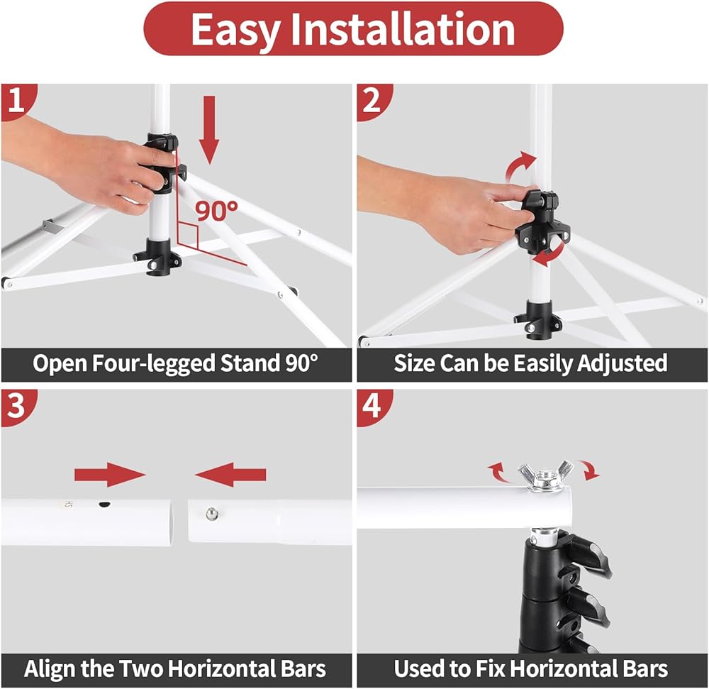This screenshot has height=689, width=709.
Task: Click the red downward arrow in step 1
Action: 209,130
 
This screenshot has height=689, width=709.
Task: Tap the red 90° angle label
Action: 216,210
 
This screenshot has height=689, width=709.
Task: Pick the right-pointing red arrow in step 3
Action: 110,475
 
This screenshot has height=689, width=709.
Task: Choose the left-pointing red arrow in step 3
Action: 230,475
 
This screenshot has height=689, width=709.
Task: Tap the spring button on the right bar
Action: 211,514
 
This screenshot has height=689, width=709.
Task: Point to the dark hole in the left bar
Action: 105,505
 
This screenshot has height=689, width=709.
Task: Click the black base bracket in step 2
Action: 538,319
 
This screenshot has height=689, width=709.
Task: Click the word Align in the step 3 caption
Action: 47,669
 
